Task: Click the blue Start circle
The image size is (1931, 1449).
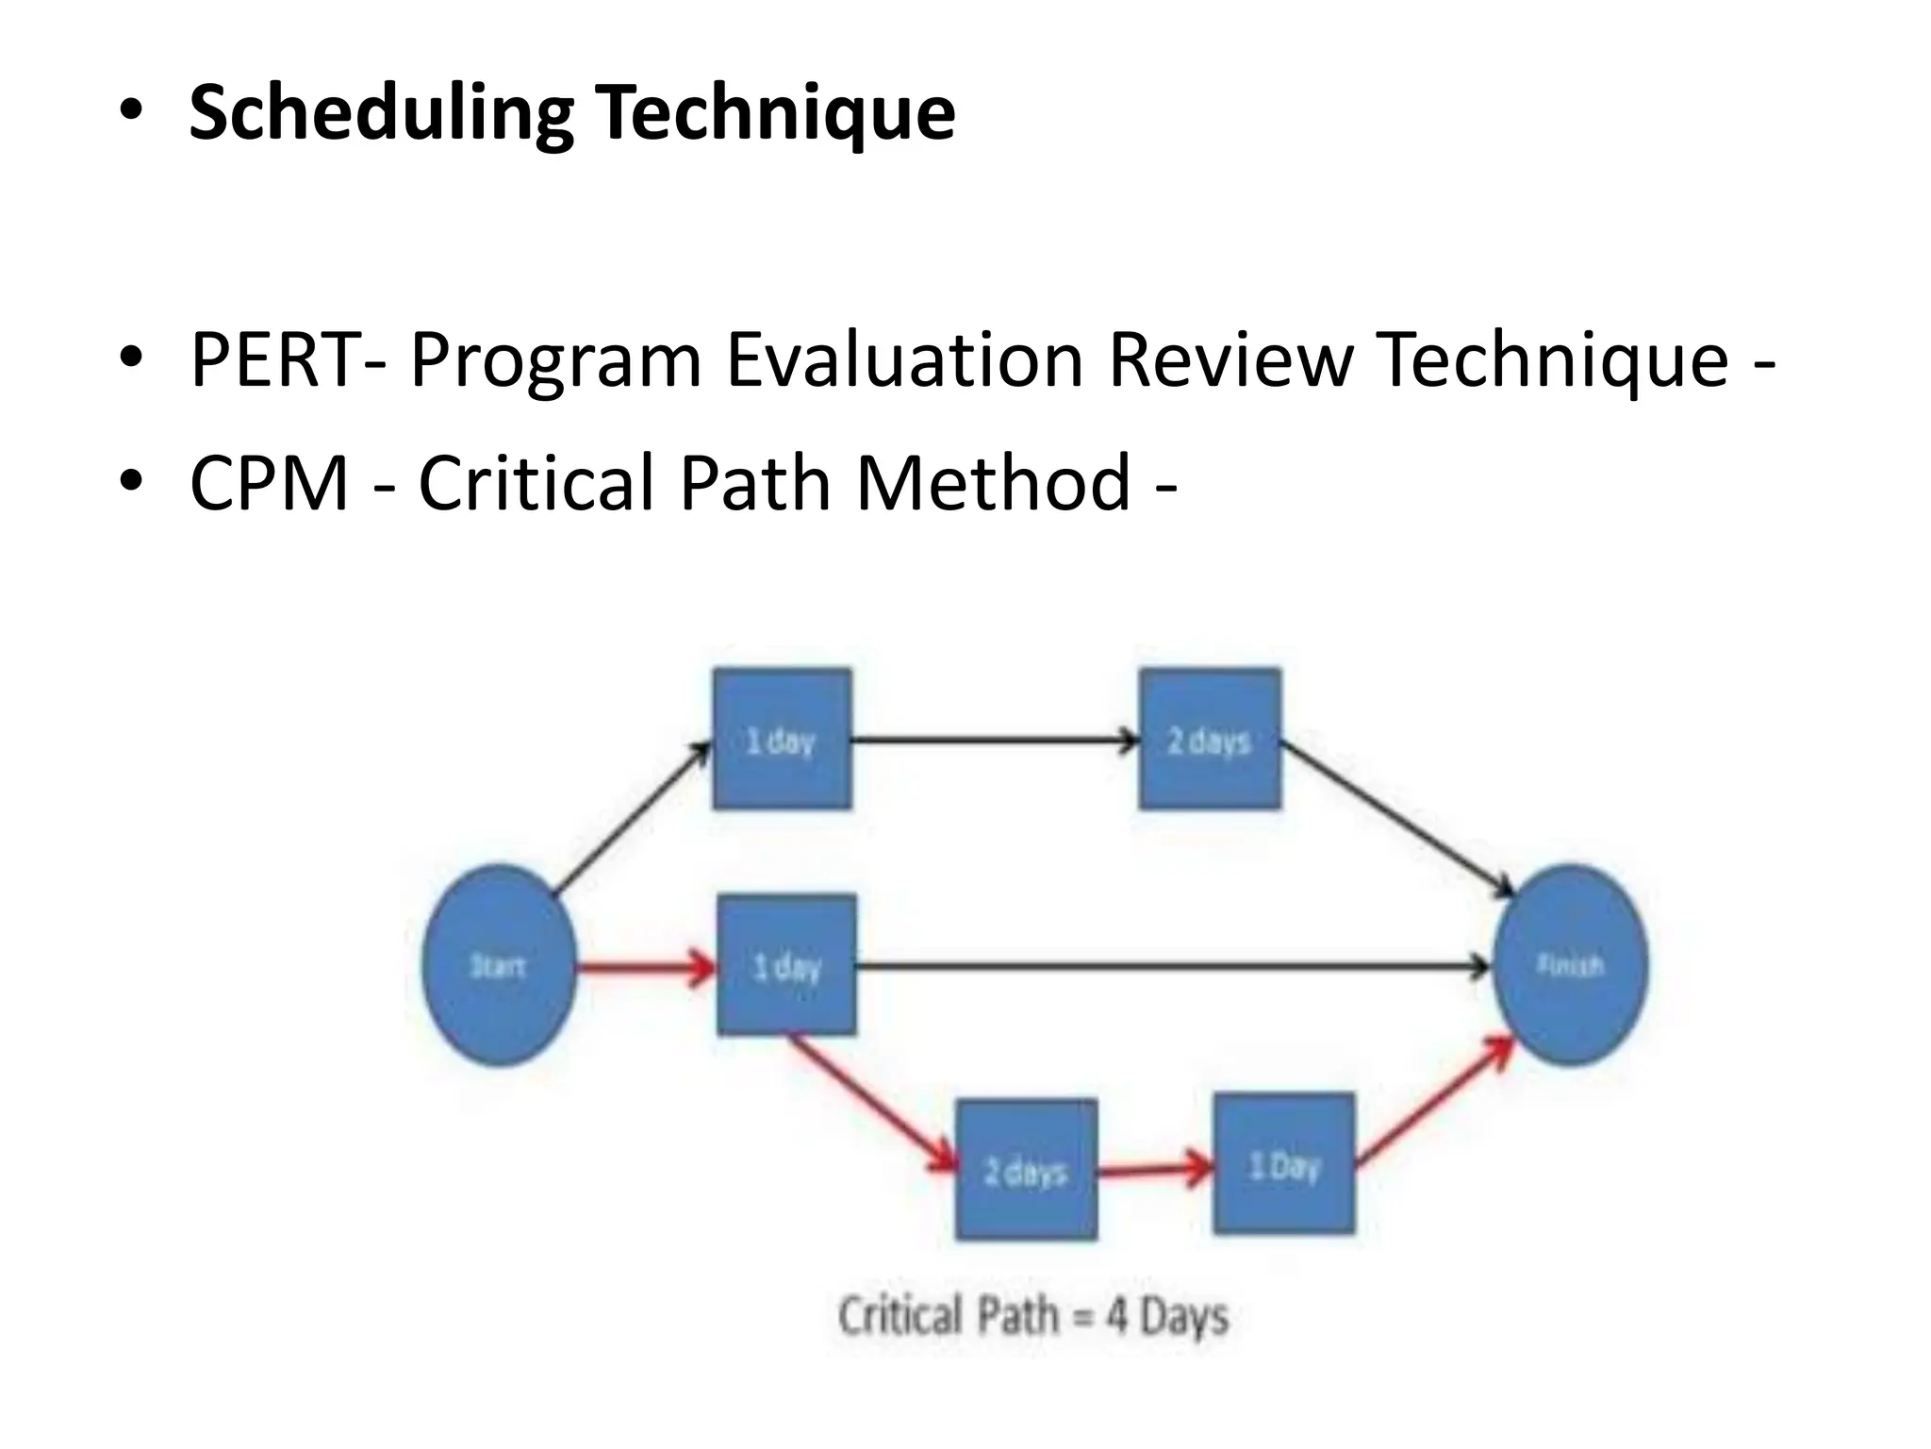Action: (x=499, y=966)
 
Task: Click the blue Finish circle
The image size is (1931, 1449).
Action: (x=1570, y=966)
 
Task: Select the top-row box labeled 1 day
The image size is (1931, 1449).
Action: (x=782, y=740)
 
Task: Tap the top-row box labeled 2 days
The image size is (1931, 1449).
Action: (x=1210, y=740)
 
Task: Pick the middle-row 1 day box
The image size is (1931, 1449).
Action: (x=786, y=965)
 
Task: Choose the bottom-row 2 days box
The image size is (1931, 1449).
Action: (x=1026, y=1170)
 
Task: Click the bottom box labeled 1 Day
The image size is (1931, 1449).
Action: (x=1283, y=1164)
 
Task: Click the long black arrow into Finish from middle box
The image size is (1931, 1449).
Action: (x=1169, y=966)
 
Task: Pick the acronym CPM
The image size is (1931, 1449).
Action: (x=270, y=483)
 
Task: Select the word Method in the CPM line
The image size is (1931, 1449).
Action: (x=992, y=483)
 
